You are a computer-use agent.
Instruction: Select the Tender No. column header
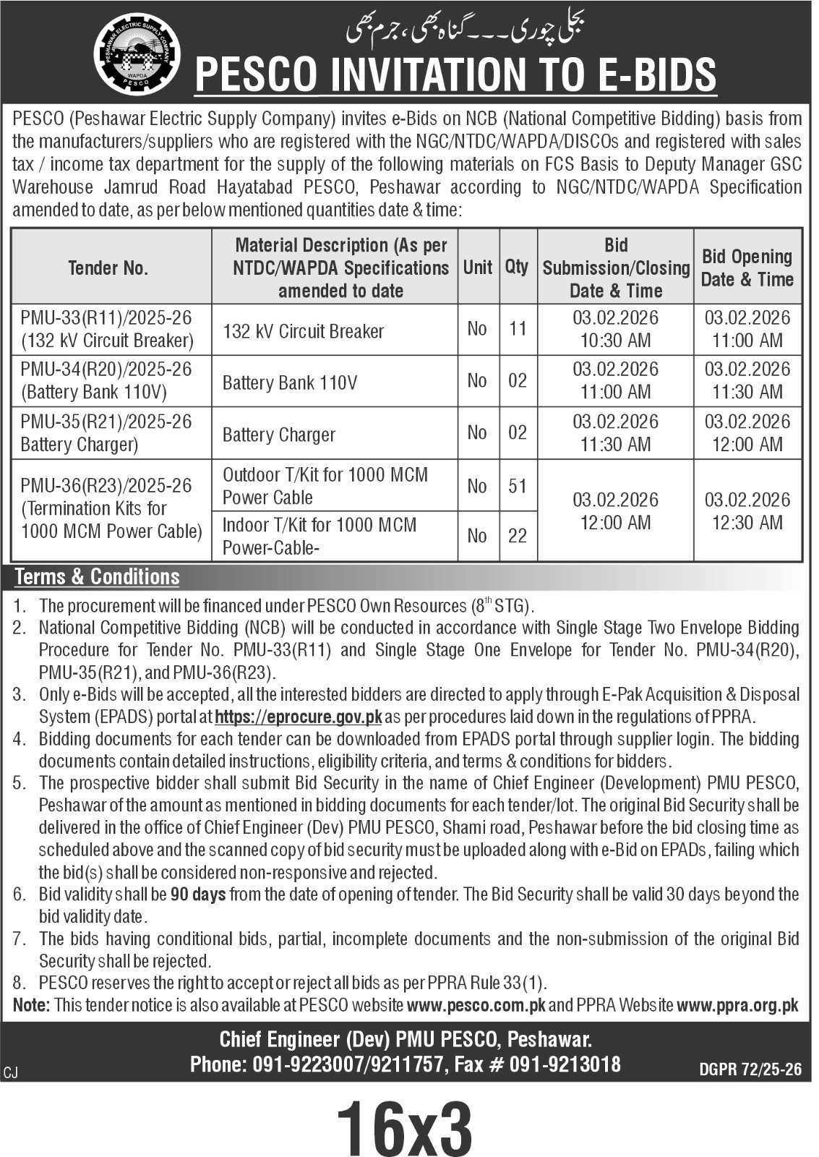[x=108, y=268]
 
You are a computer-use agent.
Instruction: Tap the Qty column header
[x=516, y=267]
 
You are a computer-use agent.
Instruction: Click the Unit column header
[x=477, y=267]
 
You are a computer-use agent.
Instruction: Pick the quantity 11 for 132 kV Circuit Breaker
[x=518, y=329]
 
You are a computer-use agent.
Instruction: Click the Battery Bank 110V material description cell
[x=290, y=383]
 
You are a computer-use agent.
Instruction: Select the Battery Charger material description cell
[x=279, y=435]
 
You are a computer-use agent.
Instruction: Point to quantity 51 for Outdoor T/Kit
[x=518, y=486]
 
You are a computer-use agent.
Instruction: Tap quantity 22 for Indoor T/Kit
[x=518, y=536]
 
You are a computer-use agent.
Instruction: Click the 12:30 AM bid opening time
[x=747, y=522]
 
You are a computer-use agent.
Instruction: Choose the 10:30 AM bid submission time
[x=616, y=341]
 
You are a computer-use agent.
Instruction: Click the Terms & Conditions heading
[x=97, y=577]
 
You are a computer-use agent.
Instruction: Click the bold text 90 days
[x=198, y=895]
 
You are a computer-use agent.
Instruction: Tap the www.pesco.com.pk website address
[x=476, y=1005]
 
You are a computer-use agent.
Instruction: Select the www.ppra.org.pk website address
[x=738, y=1005]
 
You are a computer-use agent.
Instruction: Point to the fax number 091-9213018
[x=565, y=1064]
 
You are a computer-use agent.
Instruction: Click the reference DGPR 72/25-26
[x=750, y=1070]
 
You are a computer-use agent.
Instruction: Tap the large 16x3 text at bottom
[x=404, y=1127]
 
